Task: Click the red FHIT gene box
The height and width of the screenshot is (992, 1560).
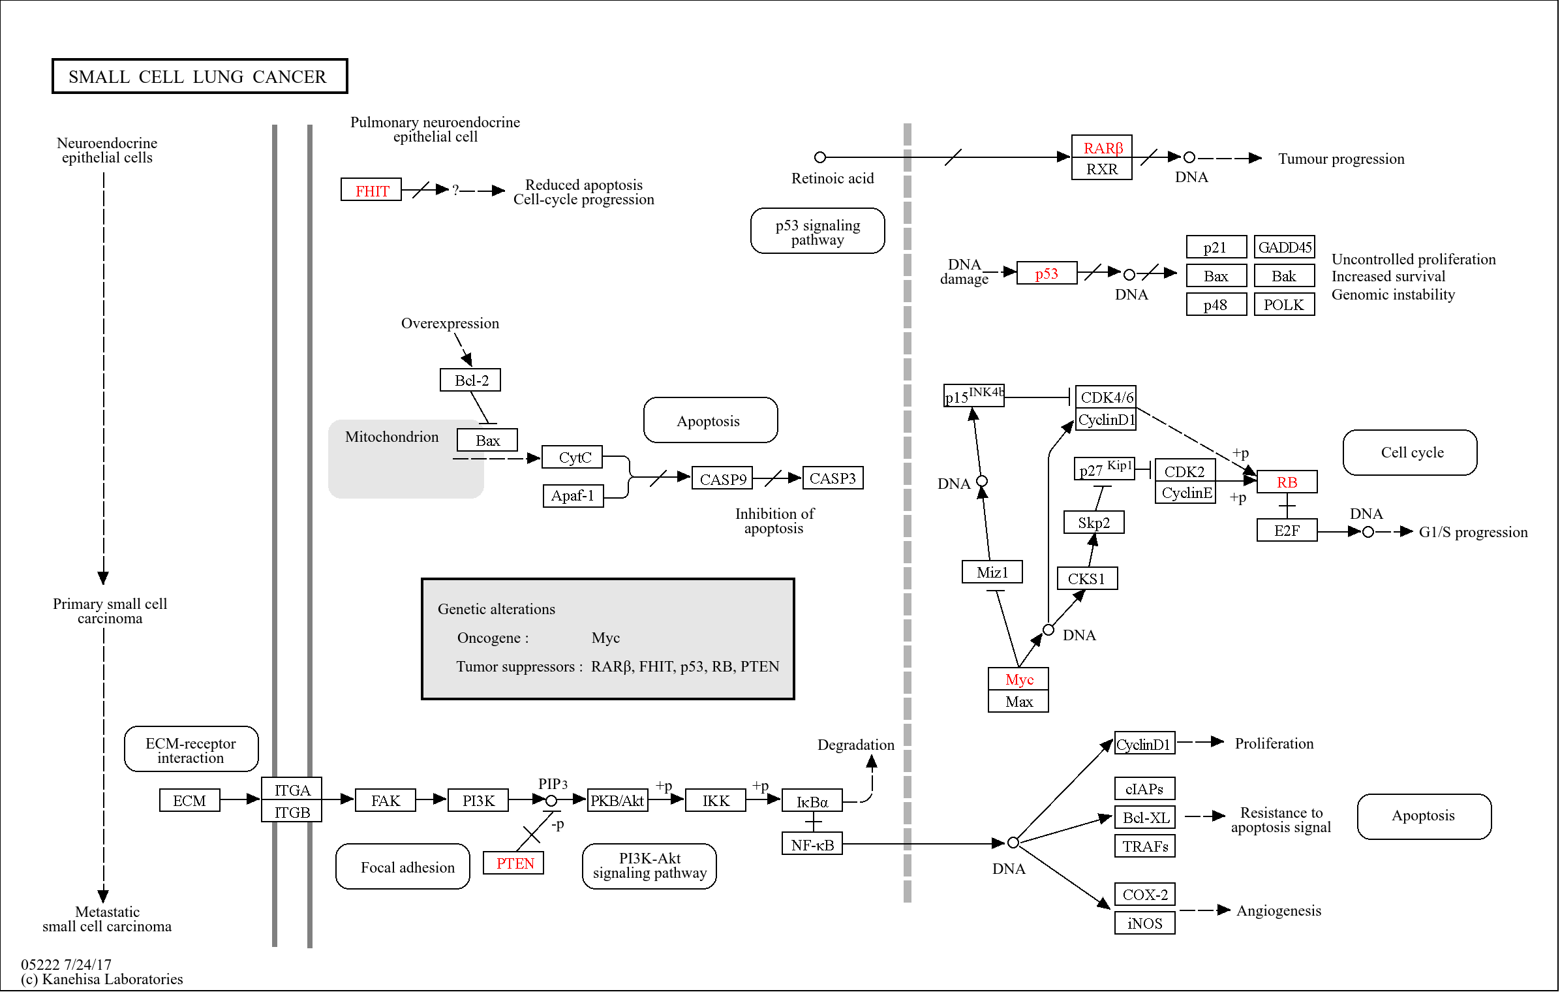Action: tap(371, 190)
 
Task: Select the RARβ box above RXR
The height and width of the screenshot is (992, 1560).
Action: tap(1101, 147)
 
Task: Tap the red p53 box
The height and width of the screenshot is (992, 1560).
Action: tap(1046, 273)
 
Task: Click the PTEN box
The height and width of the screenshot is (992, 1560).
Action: tap(513, 863)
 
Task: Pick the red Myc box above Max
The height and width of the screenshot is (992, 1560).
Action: tap(1018, 679)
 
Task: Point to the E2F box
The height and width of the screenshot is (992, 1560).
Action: tap(1286, 531)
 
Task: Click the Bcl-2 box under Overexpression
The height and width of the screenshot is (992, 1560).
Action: tap(470, 380)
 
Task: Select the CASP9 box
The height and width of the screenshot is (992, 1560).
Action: tap(722, 478)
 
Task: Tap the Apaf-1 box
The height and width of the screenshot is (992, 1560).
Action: tap(572, 495)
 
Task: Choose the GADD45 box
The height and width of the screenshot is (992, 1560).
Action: tap(1283, 247)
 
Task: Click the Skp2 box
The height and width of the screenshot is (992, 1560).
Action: tap(1093, 522)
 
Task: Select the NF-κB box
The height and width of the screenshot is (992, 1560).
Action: tap(812, 844)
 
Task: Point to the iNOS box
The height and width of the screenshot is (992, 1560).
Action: tap(1144, 923)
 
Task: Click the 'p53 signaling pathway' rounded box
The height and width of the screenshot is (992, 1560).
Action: tap(817, 231)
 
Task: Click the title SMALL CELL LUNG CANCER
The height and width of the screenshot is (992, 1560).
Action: tap(199, 76)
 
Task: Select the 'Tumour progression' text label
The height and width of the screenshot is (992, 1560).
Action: tap(1340, 159)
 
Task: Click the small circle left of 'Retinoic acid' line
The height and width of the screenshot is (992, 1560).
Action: tap(819, 157)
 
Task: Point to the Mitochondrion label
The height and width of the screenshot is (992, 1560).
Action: tap(391, 437)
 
